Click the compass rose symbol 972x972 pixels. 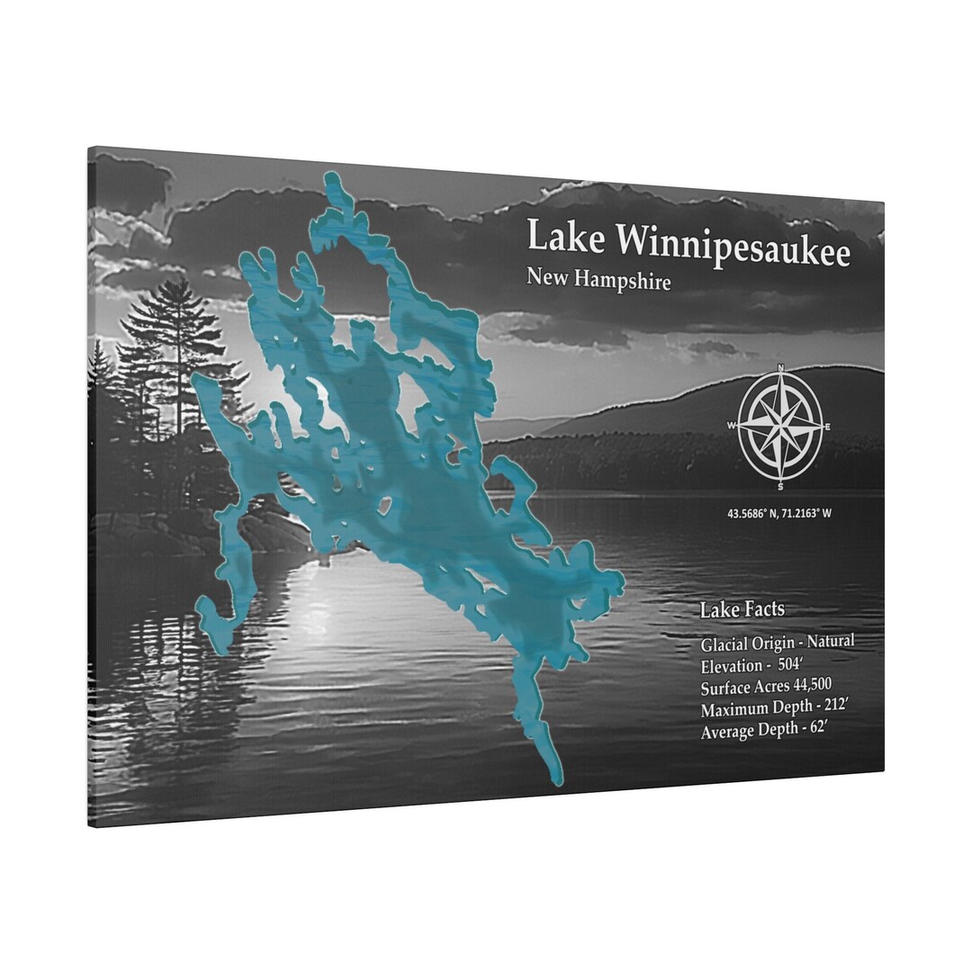779,424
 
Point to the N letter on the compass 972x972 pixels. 781,367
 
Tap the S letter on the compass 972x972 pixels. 780,487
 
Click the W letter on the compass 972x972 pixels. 732,425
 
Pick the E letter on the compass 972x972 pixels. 827,427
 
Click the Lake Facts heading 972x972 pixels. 742,610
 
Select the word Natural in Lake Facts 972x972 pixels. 830,642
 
